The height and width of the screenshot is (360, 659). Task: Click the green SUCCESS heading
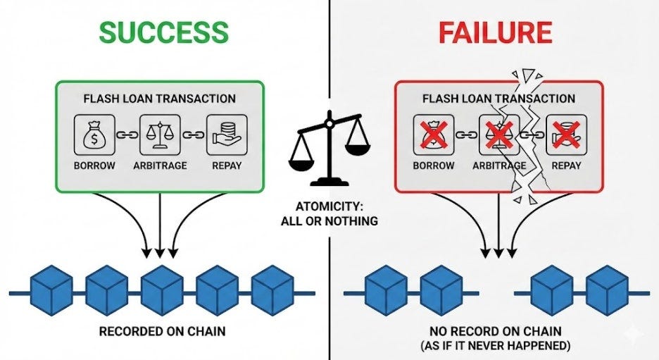(164, 32)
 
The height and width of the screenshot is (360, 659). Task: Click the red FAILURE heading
(495, 32)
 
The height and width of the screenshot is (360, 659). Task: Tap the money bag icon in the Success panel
(94, 135)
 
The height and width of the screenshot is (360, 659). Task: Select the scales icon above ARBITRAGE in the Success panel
(160, 135)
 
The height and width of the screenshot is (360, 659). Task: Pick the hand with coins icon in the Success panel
(227, 135)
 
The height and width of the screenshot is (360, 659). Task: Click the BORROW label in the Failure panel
(433, 166)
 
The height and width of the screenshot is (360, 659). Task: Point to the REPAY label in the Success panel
(227, 166)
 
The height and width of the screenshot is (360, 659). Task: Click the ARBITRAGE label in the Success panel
(160, 166)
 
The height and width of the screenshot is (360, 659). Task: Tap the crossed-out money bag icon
(434, 135)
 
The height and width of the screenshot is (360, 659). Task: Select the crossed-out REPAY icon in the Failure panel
(566, 135)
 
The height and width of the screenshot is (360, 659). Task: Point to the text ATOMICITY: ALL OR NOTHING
(329, 214)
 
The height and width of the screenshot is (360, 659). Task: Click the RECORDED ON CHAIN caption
(162, 331)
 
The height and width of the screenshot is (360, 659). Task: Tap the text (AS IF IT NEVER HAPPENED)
(496, 346)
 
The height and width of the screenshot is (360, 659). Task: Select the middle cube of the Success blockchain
(162, 290)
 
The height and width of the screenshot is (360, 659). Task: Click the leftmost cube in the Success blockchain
(51, 290)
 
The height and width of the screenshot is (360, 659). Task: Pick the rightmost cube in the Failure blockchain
(607, 290)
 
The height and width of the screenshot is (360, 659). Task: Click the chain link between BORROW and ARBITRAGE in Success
(127, 135)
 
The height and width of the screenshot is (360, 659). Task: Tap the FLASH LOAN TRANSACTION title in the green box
(160, 99)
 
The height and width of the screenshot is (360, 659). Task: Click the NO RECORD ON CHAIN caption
(496, 331)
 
